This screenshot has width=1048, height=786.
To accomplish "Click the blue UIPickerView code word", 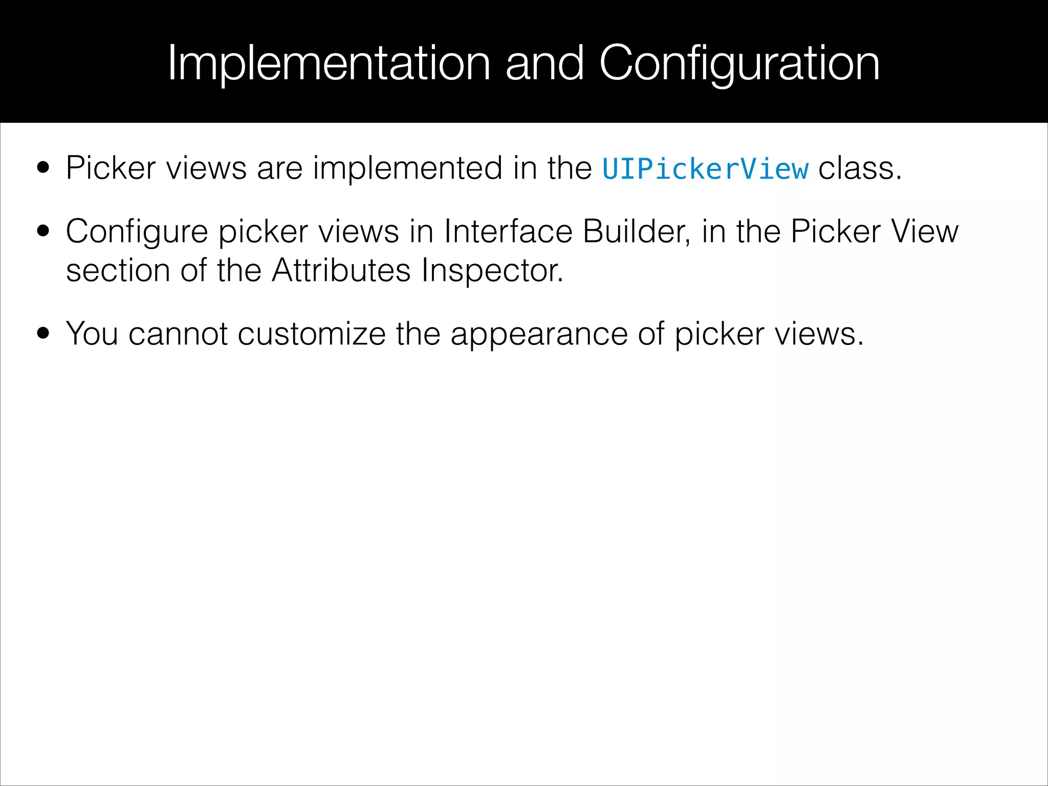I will pos(705,169).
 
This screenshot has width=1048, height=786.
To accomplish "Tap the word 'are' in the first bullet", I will pos(279,169).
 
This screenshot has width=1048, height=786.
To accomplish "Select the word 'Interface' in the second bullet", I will pos(508,231).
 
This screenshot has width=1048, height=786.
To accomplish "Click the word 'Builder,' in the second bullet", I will pos(637,231).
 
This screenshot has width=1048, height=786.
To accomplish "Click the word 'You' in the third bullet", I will pos(92,334).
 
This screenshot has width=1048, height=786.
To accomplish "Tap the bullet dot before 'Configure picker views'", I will pos(43,231).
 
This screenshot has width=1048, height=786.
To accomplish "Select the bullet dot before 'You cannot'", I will pos(43,334).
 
